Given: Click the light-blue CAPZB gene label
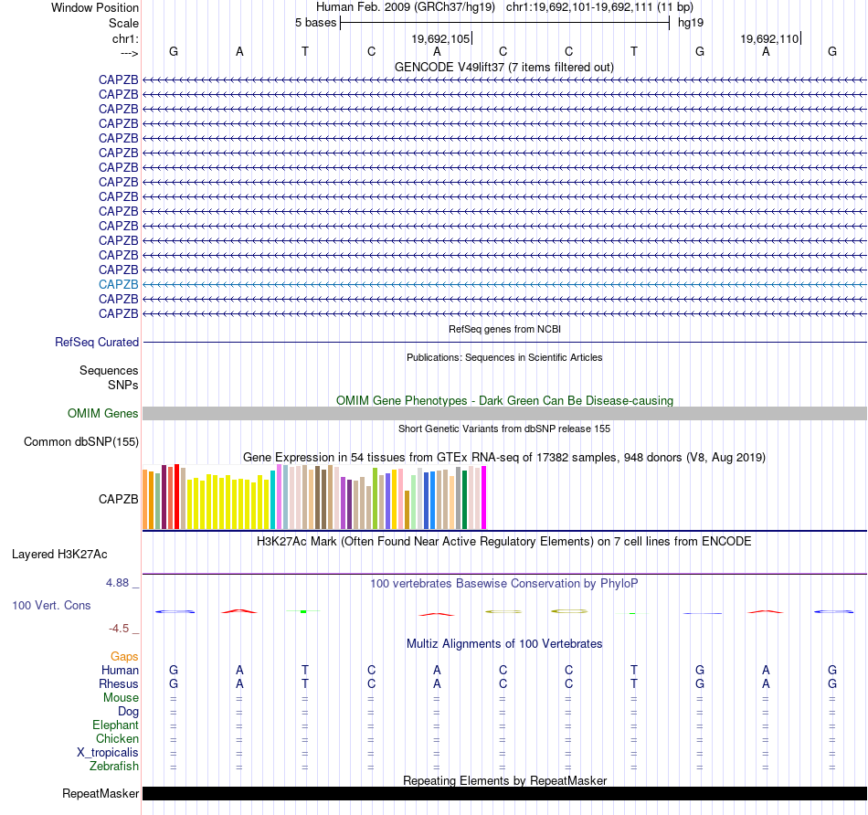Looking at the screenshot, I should point(119,284).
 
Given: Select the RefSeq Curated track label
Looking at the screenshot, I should point(97,343).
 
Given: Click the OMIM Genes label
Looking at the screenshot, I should point(103,414).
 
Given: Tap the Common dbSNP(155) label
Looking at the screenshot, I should point(80,442).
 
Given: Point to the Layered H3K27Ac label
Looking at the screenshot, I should point(59,554).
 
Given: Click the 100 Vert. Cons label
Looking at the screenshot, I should point(51,605).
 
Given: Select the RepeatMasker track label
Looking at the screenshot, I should point(100,793).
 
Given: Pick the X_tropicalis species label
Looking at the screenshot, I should point(108,752).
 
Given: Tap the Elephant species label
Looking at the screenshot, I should point(115,725).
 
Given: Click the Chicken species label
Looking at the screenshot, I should point(117,738).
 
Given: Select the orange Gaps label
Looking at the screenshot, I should point(124,656).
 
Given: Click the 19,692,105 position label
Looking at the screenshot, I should point(440,38).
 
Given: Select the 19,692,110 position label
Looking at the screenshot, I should point(769,38).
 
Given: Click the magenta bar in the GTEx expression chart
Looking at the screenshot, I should point(483,498).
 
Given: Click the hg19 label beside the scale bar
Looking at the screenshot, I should point(690,22).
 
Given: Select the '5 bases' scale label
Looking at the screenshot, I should point(315,22).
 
